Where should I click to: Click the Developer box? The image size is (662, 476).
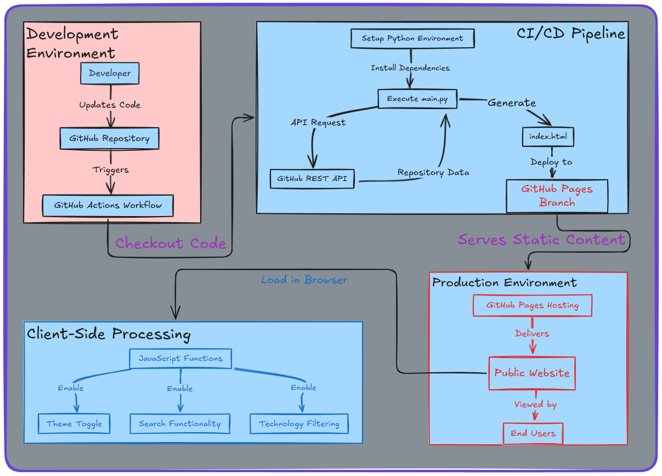[110, 73]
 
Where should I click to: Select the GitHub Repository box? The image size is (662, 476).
[109, 139]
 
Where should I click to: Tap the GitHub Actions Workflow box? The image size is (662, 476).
[108, 206]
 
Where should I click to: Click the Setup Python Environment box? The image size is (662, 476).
[412, 38]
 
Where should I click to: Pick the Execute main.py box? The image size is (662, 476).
[418, 99]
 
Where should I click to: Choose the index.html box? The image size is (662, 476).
[548, 137]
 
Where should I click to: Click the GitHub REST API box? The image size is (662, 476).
[312, 179]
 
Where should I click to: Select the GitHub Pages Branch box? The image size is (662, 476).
[557, 196]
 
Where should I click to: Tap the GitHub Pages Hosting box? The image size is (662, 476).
[532, 305]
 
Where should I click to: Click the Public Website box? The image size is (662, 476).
[531, 373]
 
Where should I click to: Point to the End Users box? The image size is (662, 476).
[533, 433]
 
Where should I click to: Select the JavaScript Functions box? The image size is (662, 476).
[180, 359]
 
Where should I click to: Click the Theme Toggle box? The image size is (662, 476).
[74, 424]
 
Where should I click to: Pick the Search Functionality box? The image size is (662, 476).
[180, 424]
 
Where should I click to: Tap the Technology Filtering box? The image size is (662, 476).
[299, 424]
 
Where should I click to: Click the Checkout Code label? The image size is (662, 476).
[171, 243]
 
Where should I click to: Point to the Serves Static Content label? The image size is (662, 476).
[541, 240]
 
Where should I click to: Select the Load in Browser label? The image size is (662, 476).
[304, 280]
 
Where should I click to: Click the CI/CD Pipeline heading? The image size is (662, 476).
[570, 34]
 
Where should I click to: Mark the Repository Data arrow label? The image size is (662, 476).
[433, 172]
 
